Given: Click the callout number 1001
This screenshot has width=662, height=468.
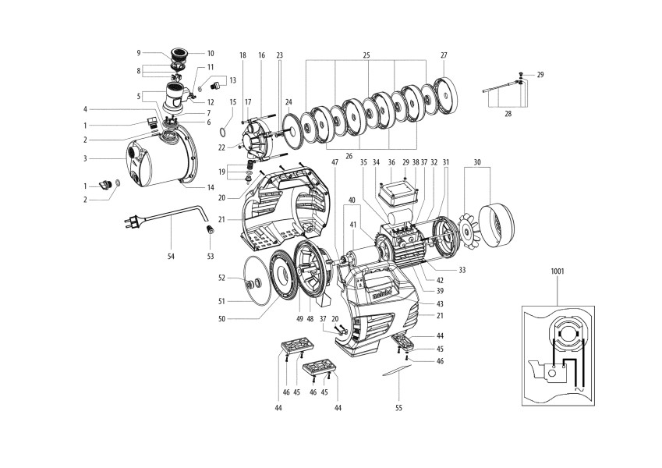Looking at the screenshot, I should [x=558, y=272].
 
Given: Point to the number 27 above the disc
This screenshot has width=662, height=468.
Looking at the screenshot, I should [x=444, y=55].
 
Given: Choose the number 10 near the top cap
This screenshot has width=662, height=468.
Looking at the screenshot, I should [x=211, y=53].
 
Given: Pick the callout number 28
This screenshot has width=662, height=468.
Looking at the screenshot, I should [x=508, y=113].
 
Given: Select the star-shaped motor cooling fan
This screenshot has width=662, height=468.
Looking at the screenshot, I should [x=467, y=228].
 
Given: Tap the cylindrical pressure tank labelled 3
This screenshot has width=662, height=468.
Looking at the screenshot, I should [x=160, y=159].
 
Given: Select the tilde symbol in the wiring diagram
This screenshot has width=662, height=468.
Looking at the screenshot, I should [x=579, y=388].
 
